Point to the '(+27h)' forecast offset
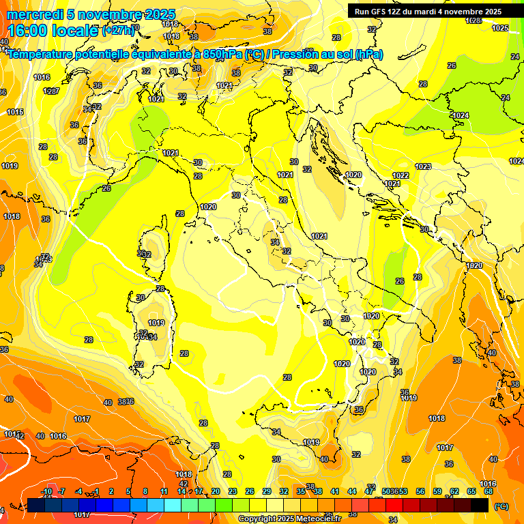[119, 31]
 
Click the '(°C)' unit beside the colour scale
[501, 506]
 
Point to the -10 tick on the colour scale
[47, 491]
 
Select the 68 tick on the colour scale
[489, 491]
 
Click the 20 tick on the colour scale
[215, 491]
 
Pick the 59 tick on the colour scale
[437, 491]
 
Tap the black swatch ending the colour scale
[480, 505]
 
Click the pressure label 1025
[500, 28]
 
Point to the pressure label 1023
[423, 166]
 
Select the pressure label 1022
[401, 175]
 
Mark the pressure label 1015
[15, 112]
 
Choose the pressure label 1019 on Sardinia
[156, 323]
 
